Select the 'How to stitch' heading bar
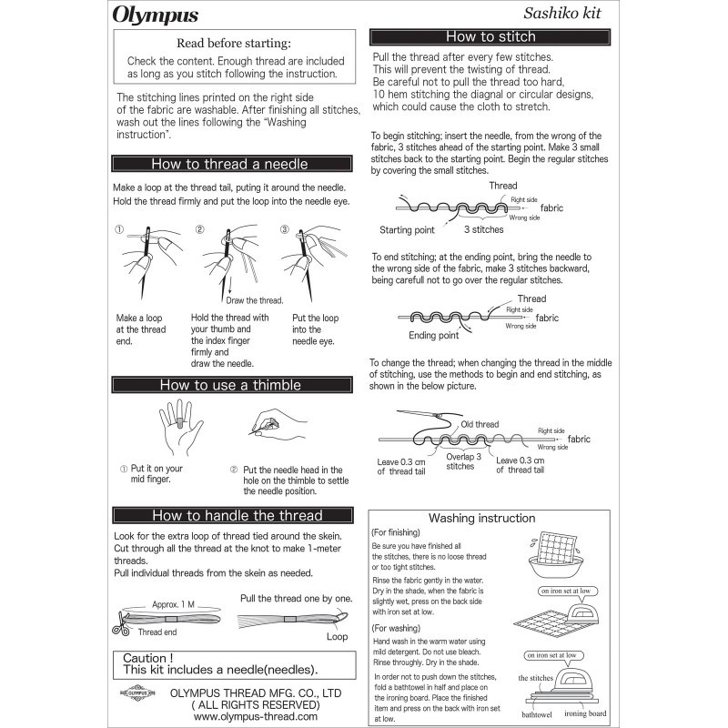[490, 37]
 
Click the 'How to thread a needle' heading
[229, 165]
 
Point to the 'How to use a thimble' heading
[229, 385]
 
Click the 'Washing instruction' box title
[481, 519]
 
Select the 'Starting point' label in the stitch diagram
[407, 230]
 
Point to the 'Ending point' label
[433, 336]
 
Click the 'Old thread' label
[479, 424]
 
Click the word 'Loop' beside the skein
[338, 638]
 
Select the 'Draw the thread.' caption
[254, 300]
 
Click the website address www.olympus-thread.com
[256, 716]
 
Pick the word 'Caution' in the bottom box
[147, 658]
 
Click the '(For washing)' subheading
[396, 629]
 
